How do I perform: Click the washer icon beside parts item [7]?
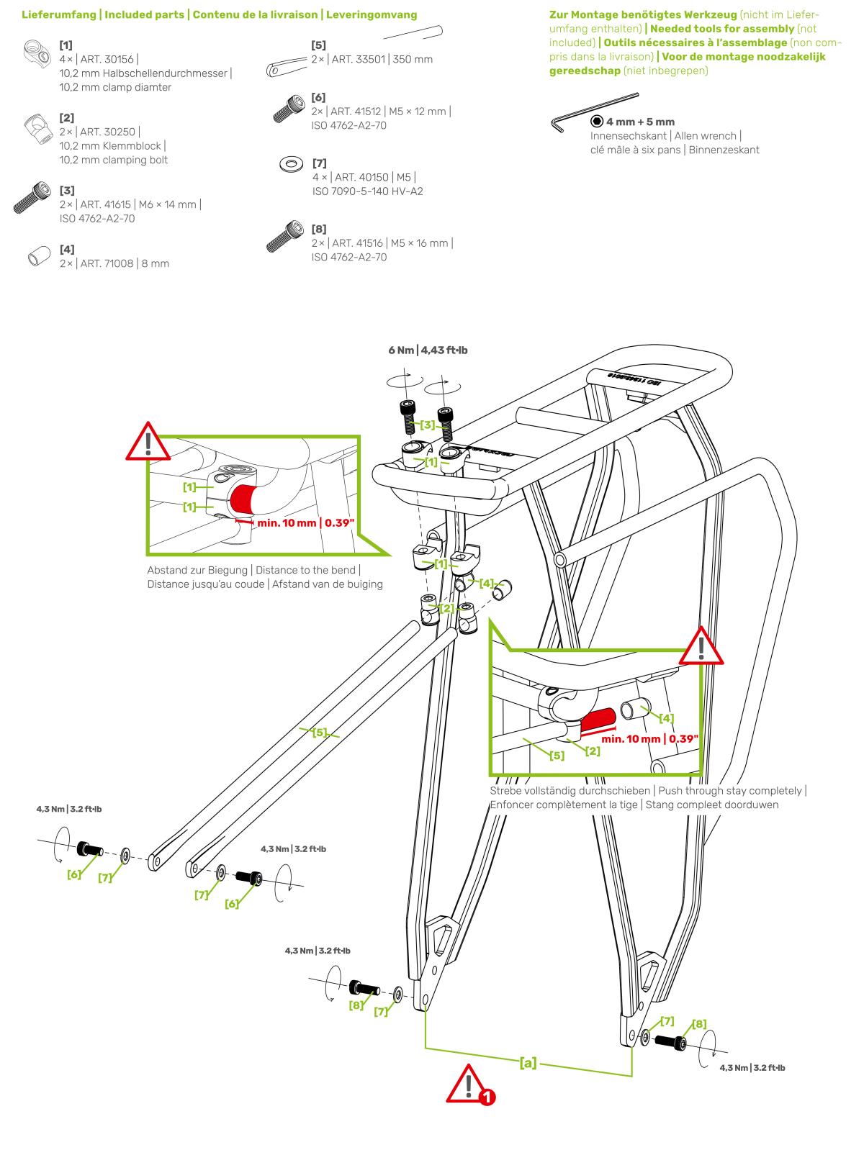pyautogui.click(x=291, y=165)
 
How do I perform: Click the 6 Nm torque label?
pyautogui.click(x=428, y=350)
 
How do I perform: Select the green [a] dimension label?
pyautogui.click(x=528, y=1062)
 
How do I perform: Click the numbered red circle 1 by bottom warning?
pyautogui.click(x=487, y=1097)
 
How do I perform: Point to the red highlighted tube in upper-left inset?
pyautogui.click(x=243, y=500)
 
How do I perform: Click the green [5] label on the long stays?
pyautogui.click(x=320, y=732)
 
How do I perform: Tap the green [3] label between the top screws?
pyautogui.click(x=428, y=425)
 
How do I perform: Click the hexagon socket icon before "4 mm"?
pyautogui.click(x=597, y=122)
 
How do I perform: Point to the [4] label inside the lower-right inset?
pyautogui.click(x=667, y=717)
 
